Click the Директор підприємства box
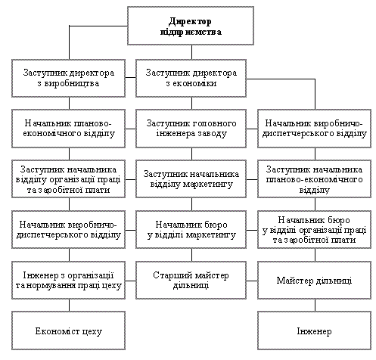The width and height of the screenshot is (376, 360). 191,26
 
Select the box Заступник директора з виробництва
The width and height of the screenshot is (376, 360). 68,78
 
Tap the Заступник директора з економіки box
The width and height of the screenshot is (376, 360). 191,78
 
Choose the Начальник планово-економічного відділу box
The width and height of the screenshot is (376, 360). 68,129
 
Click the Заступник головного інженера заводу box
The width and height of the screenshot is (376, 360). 191,129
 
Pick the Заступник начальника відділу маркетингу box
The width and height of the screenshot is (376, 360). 191,178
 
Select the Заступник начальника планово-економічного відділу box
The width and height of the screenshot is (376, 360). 314,178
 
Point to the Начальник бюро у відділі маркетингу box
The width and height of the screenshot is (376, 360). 191,229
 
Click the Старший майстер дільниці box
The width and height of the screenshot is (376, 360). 191,280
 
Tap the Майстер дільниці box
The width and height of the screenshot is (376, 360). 314,280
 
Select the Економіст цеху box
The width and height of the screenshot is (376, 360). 68,331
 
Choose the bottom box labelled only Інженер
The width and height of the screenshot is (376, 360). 314,331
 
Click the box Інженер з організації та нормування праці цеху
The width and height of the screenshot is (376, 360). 68,280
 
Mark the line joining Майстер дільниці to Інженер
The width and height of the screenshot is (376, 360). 315,306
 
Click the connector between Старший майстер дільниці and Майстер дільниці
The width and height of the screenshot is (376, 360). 252,281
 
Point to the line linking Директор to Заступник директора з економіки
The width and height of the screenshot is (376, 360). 191,52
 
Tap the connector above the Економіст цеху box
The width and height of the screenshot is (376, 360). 69,306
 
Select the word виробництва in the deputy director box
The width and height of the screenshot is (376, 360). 72,84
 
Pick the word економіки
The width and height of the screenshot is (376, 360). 194,83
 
